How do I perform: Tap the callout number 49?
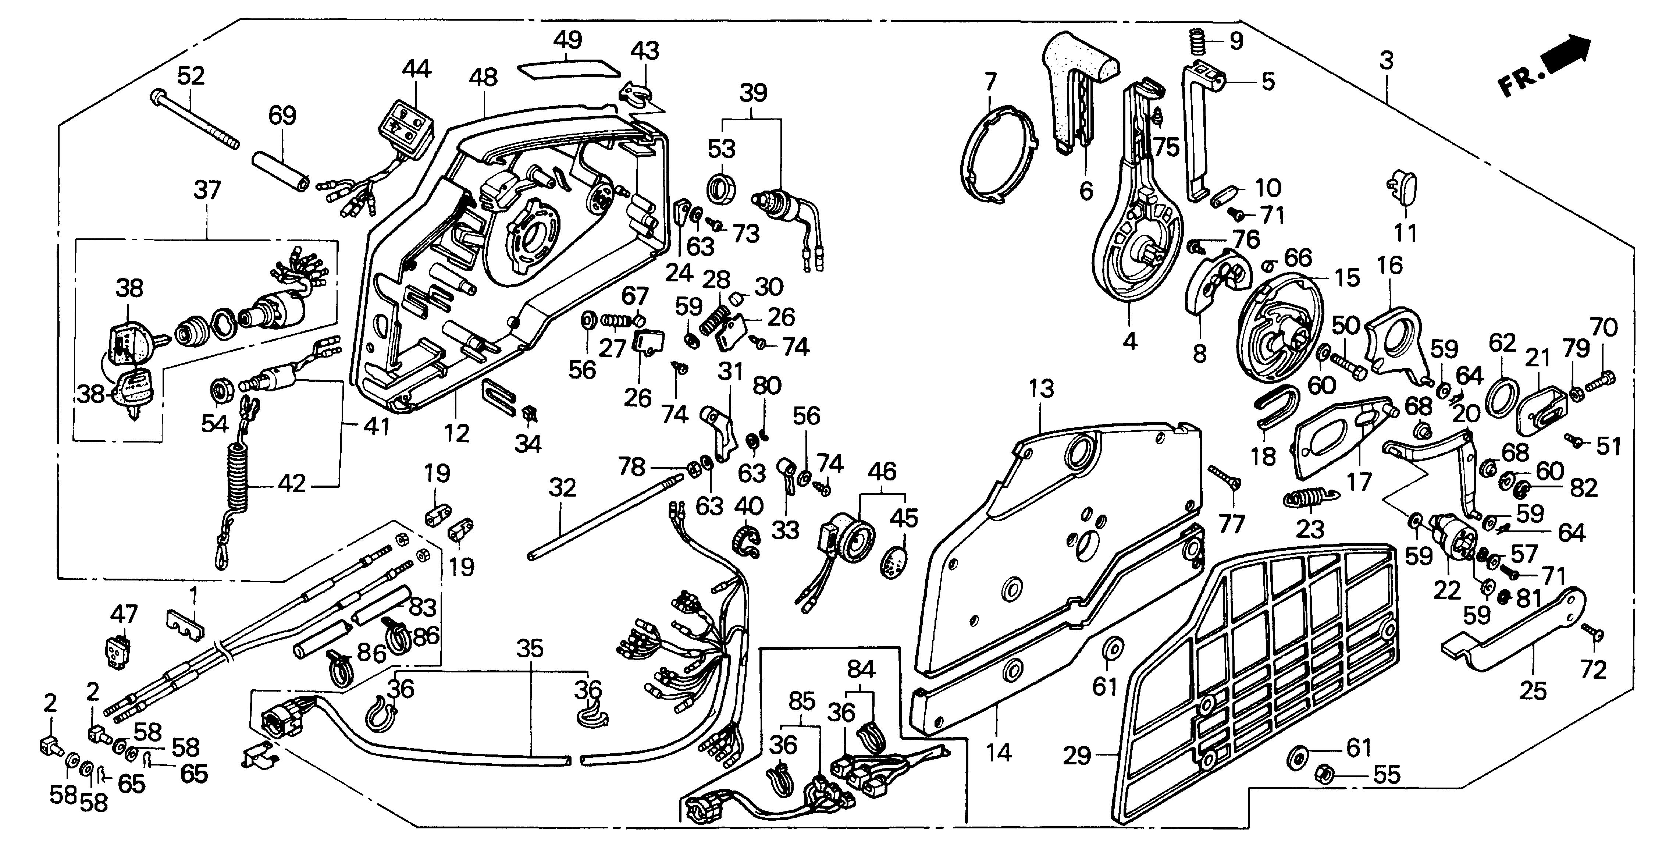coord(567,40)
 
